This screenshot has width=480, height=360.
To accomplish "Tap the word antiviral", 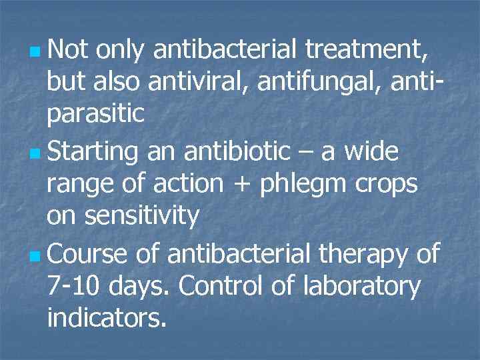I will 200,81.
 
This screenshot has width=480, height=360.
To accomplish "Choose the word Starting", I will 93,152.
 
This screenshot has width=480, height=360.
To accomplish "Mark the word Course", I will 89,253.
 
